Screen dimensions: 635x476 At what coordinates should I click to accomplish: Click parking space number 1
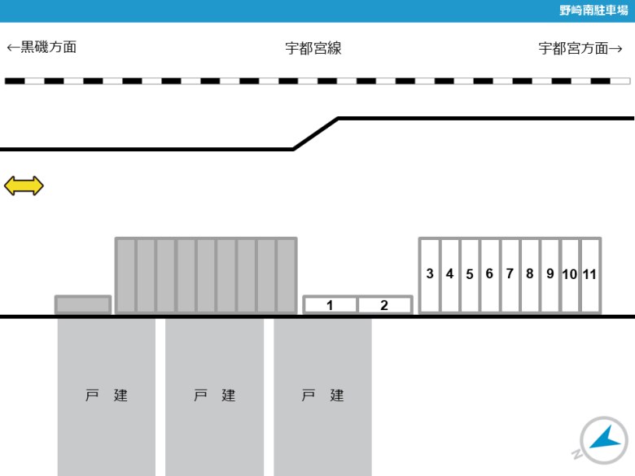(x=330, y=305)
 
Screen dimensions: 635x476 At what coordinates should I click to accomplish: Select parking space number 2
(x=385, y=305)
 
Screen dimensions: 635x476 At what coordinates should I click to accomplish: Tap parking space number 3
(x=430, y=275)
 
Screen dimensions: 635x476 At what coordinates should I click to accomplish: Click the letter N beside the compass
(x=577, y=454)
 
